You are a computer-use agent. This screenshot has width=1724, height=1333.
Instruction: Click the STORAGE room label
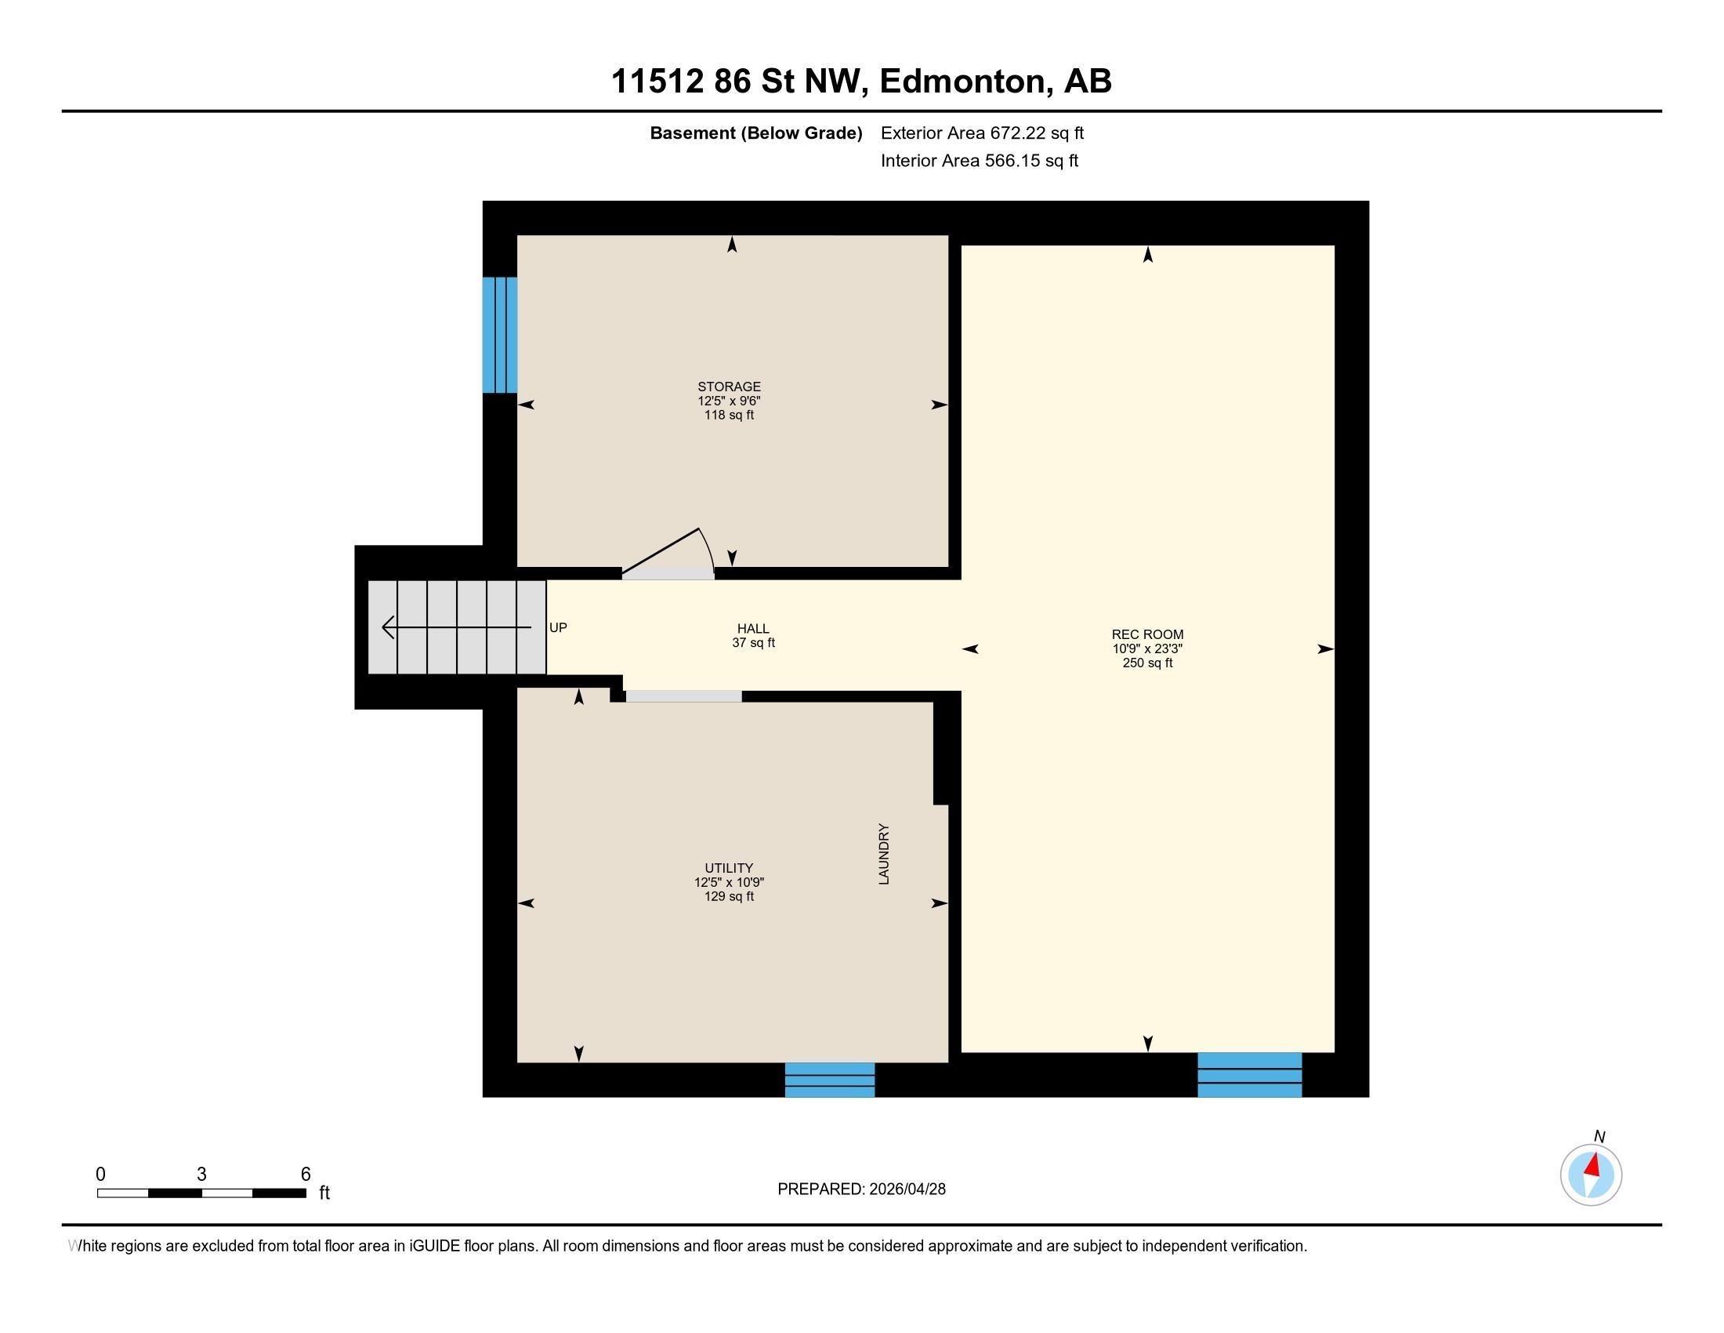[729, 387]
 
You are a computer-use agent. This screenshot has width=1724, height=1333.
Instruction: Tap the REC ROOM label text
[1147, 634]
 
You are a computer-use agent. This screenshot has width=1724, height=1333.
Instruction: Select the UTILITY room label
[729, 868]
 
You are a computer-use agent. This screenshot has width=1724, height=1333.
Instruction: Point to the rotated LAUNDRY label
[884, 854]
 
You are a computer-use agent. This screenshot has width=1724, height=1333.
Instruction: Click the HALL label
[753, 629]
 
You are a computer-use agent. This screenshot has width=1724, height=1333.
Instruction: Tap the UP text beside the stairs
[558, 628]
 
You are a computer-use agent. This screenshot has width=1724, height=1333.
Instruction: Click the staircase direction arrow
[455, 628]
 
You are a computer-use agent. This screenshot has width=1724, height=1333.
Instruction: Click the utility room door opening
[683, 696]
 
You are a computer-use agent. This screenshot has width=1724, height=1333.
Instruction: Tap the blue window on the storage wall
[500, 335]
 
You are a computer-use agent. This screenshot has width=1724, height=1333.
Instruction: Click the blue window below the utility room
[830, 1080]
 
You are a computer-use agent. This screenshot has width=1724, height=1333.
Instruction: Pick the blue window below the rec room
[1249, 1075]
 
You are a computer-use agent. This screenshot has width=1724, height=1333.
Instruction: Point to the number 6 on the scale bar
[306, 1175]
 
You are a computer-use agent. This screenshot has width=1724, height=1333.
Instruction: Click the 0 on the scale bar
[100, 1175]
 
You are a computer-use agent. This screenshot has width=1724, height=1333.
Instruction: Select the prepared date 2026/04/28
[906, 1190]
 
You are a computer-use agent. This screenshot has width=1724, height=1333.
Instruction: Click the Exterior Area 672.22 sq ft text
[982, 133]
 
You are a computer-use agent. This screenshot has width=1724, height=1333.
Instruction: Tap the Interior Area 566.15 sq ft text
[979, 161]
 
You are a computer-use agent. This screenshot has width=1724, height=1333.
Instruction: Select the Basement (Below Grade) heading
[755, 133]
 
